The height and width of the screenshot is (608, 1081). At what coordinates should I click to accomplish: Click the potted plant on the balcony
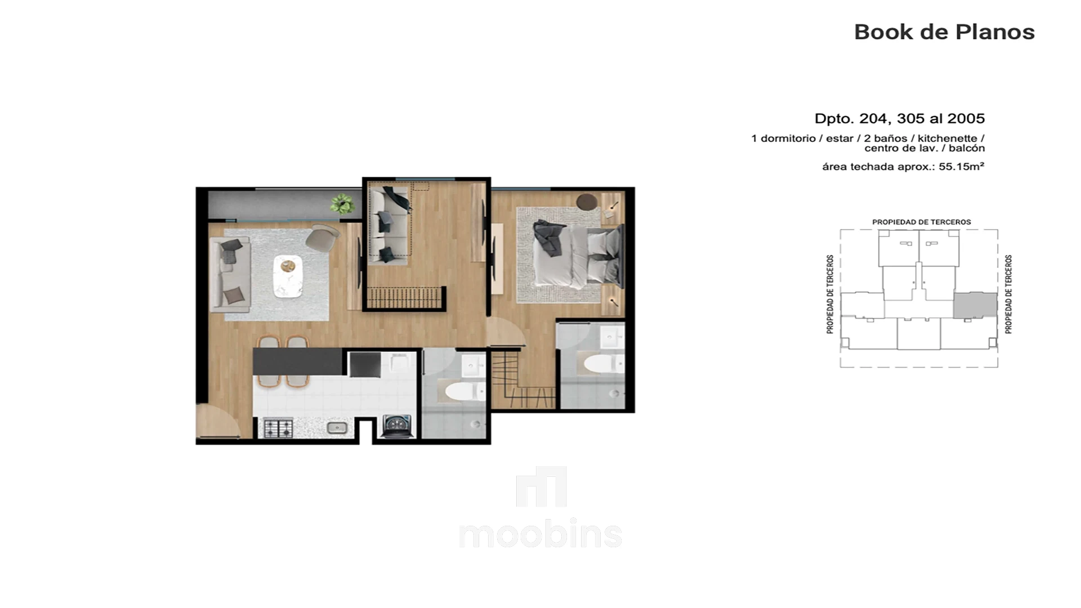pyautogui.click(x=342, y=203)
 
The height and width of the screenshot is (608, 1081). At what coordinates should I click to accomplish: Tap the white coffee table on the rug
pyautogui.click(x=288, y=276)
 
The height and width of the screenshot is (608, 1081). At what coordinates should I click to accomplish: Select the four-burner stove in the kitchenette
pyautogui.click(x=278, y=428)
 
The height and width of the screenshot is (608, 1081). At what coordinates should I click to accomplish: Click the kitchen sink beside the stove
pyautogui.click(x=337, y=428)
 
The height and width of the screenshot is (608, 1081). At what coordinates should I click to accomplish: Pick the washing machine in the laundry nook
pyautogui.click(x=397, y=426)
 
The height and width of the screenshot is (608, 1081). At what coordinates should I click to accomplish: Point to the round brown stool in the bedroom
pyautogui.click(x=587, y=201)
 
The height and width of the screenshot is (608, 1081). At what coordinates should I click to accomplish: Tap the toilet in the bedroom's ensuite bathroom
pyautogui.click(x=603, y=363)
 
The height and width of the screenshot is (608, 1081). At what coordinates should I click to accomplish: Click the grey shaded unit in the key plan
pyautogui.click(x=975, y=305)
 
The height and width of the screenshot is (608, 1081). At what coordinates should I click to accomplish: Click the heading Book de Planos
pyautogui.click(x=944, y=32)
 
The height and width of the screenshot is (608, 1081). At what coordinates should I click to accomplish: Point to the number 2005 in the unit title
pyautogui.click(x=966, y=118)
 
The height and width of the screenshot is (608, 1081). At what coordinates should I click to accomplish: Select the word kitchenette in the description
pyautogui.click(x=947, y=138)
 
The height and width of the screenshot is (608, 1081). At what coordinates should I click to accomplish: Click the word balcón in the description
pyautogui.click(x=967, y=149)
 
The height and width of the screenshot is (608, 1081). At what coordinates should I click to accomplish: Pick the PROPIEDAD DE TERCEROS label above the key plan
pyautogui.click(x=921, y=222)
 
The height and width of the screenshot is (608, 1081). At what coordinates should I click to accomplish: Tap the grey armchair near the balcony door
pyautogui.click(x=322, y=237)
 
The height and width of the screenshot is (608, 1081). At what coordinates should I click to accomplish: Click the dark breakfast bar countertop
pyautogui.click(x=298, y=361)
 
